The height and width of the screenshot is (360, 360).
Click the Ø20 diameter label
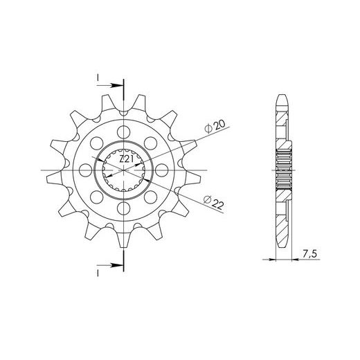(215, 127)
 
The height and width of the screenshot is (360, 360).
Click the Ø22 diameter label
(214, 202)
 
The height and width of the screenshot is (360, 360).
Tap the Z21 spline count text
(127, 159)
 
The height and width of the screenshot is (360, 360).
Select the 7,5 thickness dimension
(309, 254)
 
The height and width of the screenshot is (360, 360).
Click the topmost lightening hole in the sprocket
(124, 132)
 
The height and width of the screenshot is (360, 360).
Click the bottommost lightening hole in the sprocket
(124, 208)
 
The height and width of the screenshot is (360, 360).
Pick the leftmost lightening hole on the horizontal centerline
(85, 170)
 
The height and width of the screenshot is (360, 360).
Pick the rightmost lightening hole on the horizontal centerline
(162, 170)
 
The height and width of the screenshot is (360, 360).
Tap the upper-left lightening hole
(97, 143)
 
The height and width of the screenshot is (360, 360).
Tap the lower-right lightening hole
(151, 197)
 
